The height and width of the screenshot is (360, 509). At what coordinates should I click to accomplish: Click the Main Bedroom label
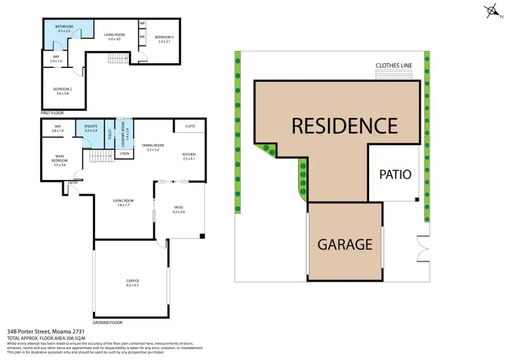pyautogui.click(x=59, y=160)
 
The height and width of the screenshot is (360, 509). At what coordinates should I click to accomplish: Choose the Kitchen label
pyautogui.click(x=189, y=156)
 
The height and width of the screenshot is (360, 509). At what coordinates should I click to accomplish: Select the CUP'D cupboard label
pyautogui.click(x=190, y=126)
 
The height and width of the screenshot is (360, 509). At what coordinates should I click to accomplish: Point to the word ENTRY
pyautogui.click(x=73, y=183)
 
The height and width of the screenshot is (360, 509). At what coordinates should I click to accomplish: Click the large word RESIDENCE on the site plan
pyautogui.click(x=344, y=126)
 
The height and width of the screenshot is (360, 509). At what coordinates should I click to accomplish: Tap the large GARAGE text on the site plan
pyautogui.click(x=345, y=244)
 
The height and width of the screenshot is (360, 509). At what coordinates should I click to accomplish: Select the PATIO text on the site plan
pyautogui.click(x=396, y=174)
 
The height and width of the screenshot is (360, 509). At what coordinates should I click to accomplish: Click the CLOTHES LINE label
pyautogui.click(x=395, y=66)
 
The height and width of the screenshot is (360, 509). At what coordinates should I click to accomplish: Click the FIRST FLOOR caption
pyautogui.click(x=52, y=112)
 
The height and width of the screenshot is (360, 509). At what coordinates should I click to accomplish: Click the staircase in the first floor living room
pyautogui.click(x=117, y=59)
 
